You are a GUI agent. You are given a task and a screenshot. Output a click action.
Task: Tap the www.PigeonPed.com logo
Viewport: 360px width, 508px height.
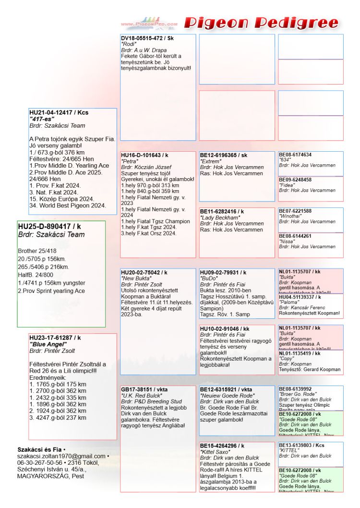click(x=149, y=22)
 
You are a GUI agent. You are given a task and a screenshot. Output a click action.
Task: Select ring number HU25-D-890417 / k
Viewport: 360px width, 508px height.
click(x=49, y=226)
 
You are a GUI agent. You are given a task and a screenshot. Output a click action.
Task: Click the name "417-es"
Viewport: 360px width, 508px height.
click(x=42, y=119)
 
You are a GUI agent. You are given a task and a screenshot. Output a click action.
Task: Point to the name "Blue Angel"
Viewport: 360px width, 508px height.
click(x=48, y=344)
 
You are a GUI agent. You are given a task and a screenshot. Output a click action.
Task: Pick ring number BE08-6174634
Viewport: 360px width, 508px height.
click(x=295, y=155)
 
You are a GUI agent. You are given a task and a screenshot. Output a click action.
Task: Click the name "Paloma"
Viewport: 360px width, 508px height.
click(x=288, y=302)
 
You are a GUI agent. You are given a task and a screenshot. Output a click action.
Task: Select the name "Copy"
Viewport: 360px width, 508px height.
click(x=286, y=359)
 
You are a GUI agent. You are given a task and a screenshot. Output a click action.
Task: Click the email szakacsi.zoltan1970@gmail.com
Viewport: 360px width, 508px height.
click(x=61, y=456)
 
